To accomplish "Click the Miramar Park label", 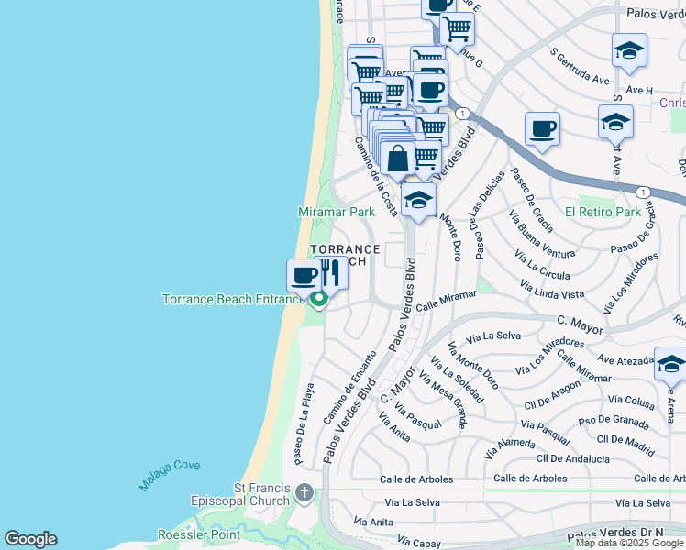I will [x=337, y=212].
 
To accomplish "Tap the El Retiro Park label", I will [x=603, y=212].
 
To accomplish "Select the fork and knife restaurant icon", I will [x=330, y=272].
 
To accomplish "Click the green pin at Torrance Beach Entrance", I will [x=318, y=300].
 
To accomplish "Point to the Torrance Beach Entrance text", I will [x=233, y=299].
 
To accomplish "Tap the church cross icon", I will [x=304, y=495].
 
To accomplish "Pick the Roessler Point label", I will [x=198, y=533].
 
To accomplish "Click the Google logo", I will [x=30, y=539].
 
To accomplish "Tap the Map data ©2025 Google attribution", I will [x=629, y=543].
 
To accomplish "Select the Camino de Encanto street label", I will [x=350, y=386].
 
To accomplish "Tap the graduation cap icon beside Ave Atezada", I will [x=670, y=365].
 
